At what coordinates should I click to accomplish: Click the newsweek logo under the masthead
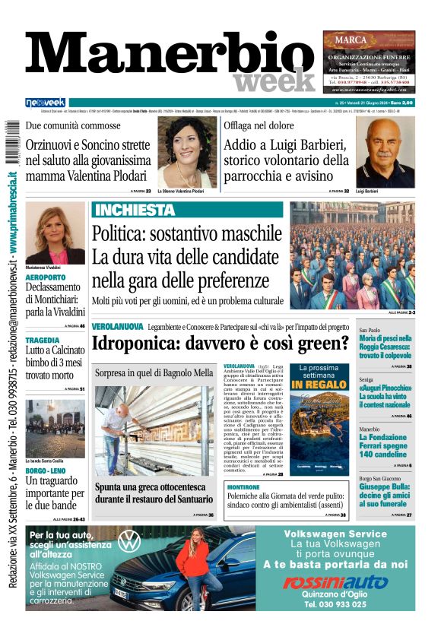[x=46, y=103]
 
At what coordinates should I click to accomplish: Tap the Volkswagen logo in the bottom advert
[x=129, y=541]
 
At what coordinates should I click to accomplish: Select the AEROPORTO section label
[x=46, y=277]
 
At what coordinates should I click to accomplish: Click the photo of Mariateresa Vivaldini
[x=55, y=233]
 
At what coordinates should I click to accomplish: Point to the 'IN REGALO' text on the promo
[x=319, y=385]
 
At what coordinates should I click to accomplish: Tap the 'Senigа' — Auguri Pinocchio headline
[x=386, y=391]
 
